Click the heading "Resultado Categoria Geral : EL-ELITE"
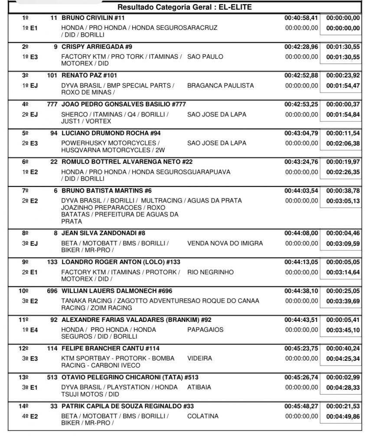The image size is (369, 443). (x=184, y=7)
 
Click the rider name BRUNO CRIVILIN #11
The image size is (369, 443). (x=93, y=18)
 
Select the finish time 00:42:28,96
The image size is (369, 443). (x=301, y=46)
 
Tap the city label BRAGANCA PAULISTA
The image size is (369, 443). (x=220, y=86)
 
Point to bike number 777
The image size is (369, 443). (x=52, y=104)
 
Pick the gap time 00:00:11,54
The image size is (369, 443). (x=343, y=133)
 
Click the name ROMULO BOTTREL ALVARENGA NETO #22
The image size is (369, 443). (x=127, y=162)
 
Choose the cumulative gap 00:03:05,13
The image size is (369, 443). (x=343, y=201)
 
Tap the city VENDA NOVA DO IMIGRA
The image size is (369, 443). (x=225, y=243)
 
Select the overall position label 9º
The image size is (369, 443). (x=25, y=262)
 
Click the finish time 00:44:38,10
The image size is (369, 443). (x=301, y=291)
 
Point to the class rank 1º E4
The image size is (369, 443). (x=29, y=330)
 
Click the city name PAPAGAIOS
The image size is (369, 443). (x=205, y=330)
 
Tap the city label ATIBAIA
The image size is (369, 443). (x=199, y=387)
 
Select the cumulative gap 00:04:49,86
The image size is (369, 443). (x=343, y=416)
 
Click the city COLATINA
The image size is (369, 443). (x=202, y=416)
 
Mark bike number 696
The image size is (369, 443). (x=52, y=291)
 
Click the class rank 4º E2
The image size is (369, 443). (x=29, y=416)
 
